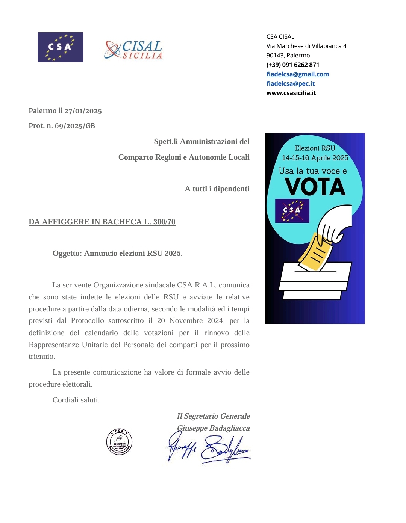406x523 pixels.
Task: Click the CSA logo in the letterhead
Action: pyautogui.click(x=60, y=47)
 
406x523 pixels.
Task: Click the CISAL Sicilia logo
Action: pyautogui.click(x=133, y=50)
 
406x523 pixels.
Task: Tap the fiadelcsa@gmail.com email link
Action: pyautogui.click(x=297, y=74)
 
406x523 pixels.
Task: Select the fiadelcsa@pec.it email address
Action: pyautogui.click(x=290, y=83)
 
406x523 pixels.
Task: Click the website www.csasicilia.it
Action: pyautogui.click(x=291, y=93)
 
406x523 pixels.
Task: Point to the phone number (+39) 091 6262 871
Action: pyautogui.click(x=292, y=65)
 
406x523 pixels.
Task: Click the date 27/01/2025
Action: pyautogui.click(x=83, y=111)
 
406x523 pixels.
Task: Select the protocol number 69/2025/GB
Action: pyautogui.click(x=75, y=126)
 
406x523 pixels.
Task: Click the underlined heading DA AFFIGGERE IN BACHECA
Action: pyautogui.click(x=102, y=222)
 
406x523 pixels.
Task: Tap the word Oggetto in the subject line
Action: pyautogui.click(x=67, y=253)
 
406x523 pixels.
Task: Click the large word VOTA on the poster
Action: pyautogui.click(x=315, y=187)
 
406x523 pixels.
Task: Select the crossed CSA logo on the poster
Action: pyautogui.click(x=292, y=211)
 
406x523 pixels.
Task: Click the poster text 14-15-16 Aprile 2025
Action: pyautogui.click(x=315, y=158)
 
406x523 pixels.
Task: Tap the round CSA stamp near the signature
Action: pyautogui.click(x=119, y=442)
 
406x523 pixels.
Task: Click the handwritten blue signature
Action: pyautogui.click(x=209, y=449)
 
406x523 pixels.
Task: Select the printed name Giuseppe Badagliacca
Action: pyautogui.click(x=213, y=428)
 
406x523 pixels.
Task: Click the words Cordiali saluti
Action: pyautogui.click(x=76, y=400)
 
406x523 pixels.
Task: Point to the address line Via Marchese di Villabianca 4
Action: pyautogui.click(x=306, y=46)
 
